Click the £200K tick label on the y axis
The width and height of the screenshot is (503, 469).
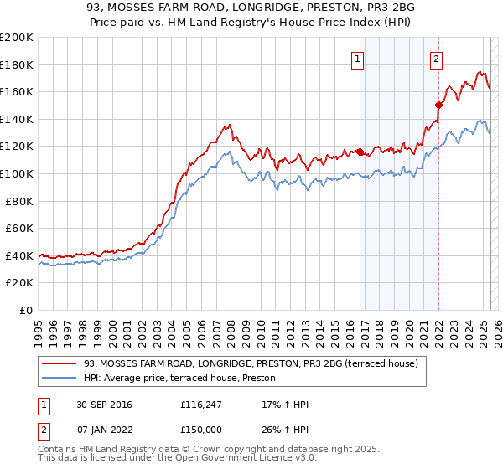[17, 38]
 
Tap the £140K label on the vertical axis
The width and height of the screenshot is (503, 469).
[17, 119]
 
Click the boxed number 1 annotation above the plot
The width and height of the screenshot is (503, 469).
[358, 59]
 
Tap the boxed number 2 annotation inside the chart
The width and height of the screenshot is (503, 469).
[438, 59]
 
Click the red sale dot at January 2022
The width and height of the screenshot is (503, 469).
[438, 105]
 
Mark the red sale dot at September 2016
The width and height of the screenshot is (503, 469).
[360, 152]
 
